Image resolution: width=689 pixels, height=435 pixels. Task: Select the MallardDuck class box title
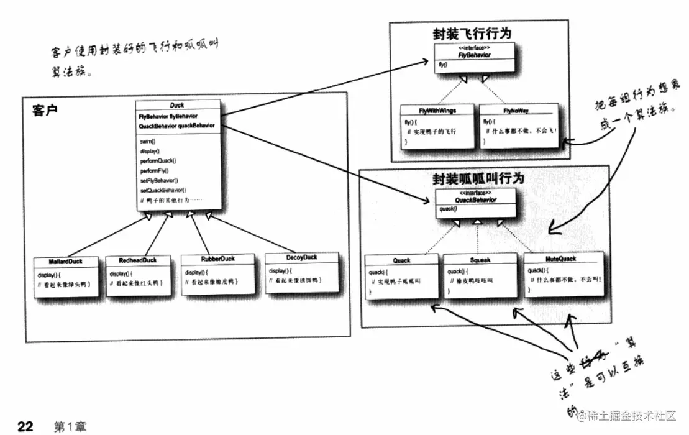(x=65, y=262)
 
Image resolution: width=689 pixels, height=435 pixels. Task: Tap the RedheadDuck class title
(x=137, y=260)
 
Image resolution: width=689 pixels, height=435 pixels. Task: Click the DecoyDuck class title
(x=301, y=257)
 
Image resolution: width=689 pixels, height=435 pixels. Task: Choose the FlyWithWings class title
(x=437, y=111)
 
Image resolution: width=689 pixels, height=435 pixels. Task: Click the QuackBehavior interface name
(x=476, y=201)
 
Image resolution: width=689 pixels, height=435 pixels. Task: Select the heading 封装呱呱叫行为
(x=478, y=179)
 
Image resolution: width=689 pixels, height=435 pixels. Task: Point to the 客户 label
(x=45, y=111)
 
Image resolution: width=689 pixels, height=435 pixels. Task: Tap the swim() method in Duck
(x=148, y=142)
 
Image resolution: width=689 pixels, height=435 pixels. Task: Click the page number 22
(x=25, y=426)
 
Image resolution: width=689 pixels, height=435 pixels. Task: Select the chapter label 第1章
(x=70, y=426)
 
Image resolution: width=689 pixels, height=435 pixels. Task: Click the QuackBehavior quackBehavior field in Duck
(x=177, y=126)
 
